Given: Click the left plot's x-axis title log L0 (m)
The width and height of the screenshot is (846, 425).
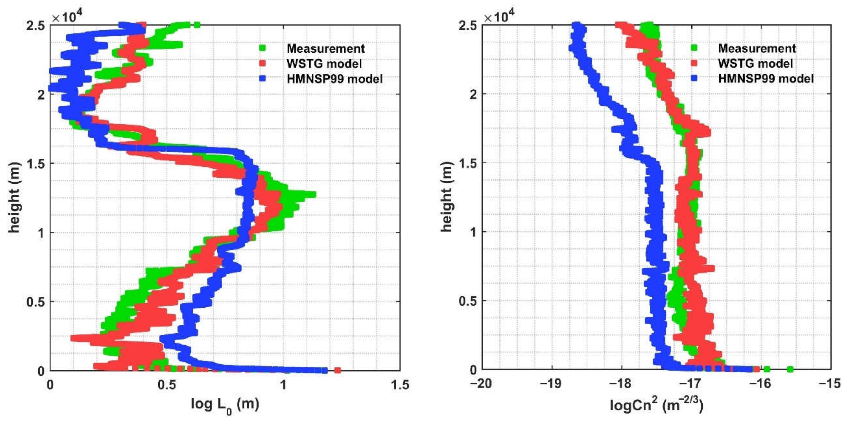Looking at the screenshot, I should click(x=225, y=405).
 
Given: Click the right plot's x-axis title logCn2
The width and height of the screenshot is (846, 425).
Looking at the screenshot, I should click(x=656, y=405).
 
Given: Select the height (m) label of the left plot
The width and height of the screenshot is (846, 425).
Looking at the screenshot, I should click(x=14, y=197).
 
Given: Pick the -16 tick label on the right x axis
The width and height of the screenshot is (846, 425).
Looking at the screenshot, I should click(x=760, y=384).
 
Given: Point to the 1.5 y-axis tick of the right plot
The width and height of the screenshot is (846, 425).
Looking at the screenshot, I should click(x=468, y=163).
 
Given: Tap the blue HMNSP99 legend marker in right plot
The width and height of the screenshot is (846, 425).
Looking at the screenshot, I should click(x=694, y=79).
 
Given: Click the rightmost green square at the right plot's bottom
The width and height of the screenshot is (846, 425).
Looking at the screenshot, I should click(x=790, y=370).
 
